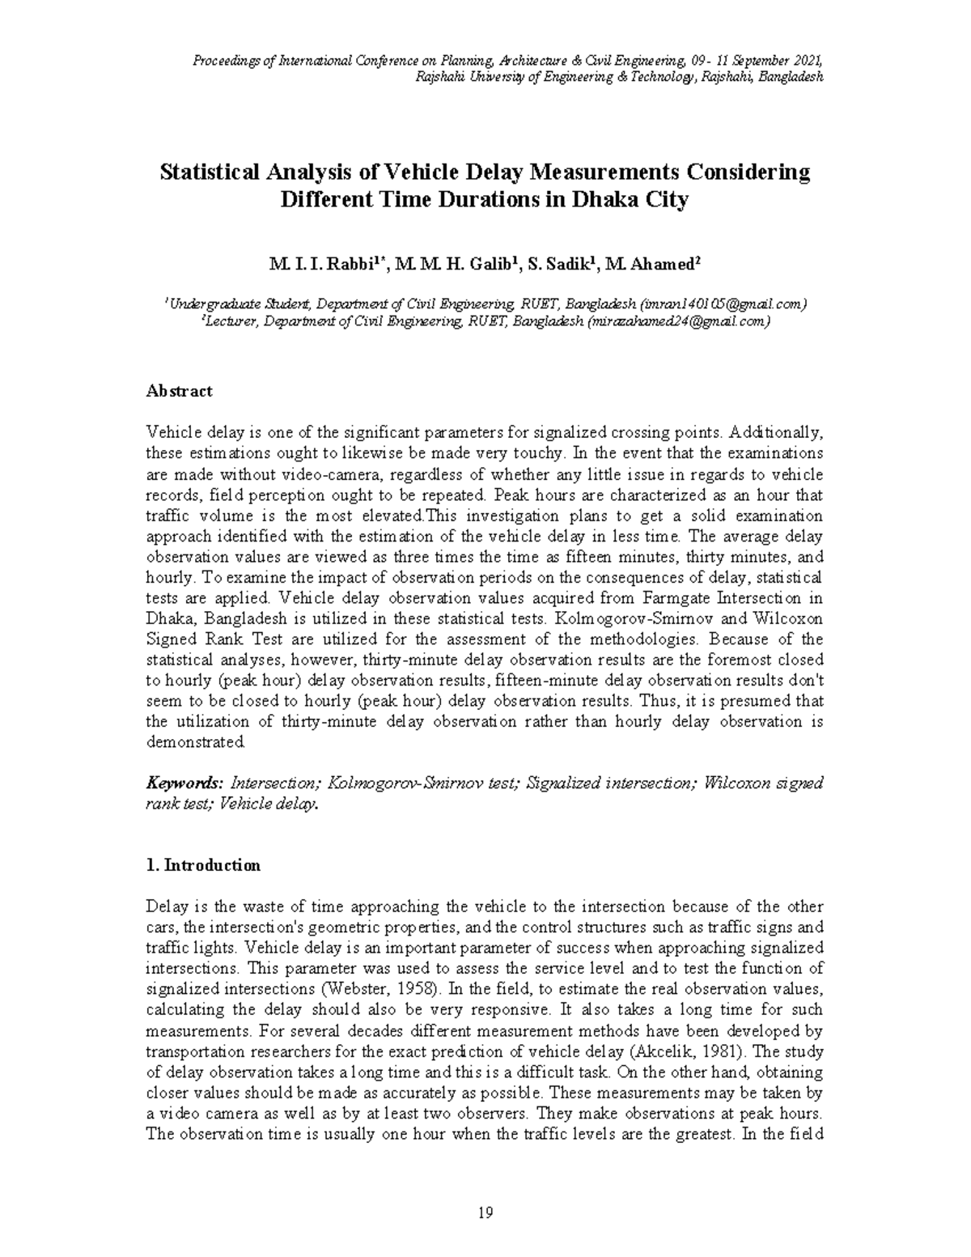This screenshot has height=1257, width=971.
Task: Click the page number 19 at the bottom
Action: [485, 1212]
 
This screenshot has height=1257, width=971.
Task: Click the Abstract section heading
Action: [179, 391]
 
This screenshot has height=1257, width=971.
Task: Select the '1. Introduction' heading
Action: [203, 865]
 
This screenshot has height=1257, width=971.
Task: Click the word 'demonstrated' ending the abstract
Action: [194, 742]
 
